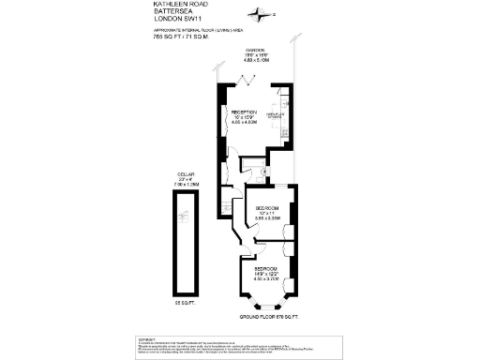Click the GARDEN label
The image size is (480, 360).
tap(256, 51)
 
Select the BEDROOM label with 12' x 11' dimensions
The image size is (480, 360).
tap(268, 208)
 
